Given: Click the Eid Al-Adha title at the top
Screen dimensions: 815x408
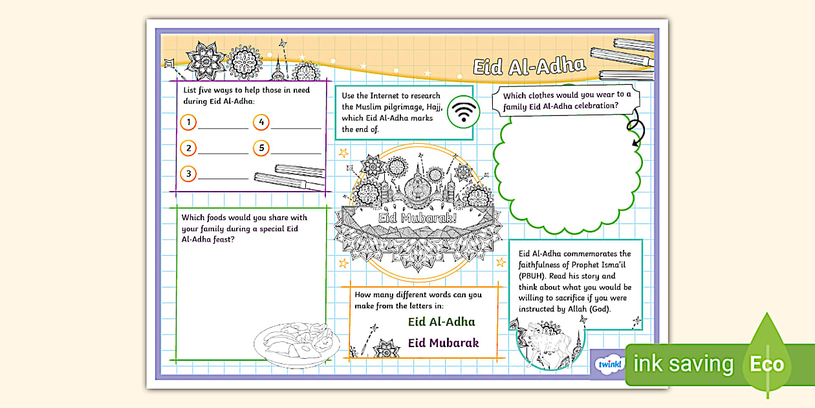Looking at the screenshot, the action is (x=529, y=67).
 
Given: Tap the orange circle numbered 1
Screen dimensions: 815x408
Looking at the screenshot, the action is (x=188, y=122).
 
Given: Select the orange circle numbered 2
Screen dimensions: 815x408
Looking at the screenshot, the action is (x=188, y=148).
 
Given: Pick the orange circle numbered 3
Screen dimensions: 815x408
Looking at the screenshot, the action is (x=188, y=174).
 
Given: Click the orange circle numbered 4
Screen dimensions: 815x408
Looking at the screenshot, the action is (x=261, y=122).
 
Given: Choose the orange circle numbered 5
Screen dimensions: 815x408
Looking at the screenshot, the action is (x=261, y=148).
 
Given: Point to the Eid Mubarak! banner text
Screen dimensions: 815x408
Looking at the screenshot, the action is (x=417, y=218).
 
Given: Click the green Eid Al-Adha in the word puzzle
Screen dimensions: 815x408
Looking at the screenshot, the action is (x=441, y=322).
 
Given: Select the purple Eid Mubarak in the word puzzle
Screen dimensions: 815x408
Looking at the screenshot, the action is (x=443, y=343).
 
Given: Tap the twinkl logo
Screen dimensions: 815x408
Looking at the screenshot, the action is (x=610, y=364).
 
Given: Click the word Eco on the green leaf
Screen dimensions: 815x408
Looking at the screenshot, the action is (x=766, y=364).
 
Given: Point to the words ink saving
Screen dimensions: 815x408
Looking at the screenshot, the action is (x=683, y=364).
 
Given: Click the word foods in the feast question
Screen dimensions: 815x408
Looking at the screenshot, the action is (x=218, y=218).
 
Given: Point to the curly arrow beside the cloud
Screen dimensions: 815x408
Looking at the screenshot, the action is (x=636, y=128).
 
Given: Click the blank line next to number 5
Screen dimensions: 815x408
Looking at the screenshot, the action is (x=296, y=153).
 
